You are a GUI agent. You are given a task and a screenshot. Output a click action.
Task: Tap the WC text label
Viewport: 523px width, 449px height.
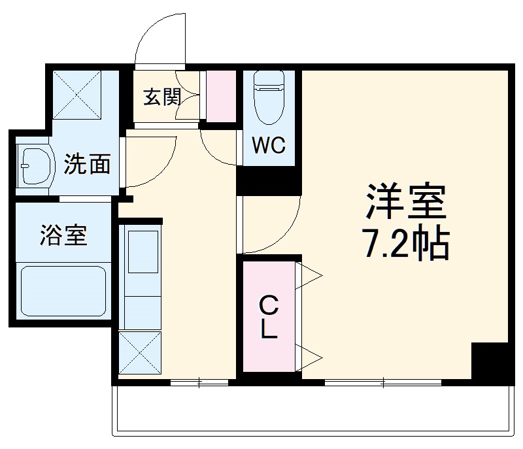[x=269, y=146]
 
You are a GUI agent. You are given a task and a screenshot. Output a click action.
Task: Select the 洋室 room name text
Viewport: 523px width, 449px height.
[x=406, y=203]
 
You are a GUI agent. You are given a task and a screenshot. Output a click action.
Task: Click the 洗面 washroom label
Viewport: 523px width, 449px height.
[x=87, y=165]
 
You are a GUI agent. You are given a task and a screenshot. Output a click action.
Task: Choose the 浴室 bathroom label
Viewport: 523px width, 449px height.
[x=63, y=235]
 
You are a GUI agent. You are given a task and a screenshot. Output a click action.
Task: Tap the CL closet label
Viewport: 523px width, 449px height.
[x=267, y=317]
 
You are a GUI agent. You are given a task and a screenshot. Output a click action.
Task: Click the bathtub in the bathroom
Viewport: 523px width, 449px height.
[x=63, y=291]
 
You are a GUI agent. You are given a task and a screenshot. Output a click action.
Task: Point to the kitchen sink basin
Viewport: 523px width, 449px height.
[x=142, y=252]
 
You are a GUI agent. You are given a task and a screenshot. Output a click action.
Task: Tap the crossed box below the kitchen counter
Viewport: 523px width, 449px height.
[x=139, y=353]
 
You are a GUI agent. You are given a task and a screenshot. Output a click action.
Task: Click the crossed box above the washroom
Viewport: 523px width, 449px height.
[x=76, y=93]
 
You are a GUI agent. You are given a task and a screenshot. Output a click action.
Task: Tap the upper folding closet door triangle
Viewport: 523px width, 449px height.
[x=309, y=275]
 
